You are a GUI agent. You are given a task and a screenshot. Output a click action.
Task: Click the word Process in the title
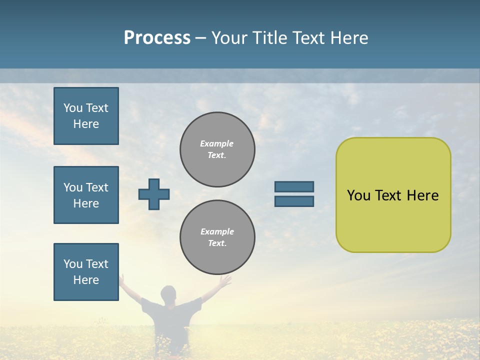157,38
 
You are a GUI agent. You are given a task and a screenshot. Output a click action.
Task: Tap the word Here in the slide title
348,38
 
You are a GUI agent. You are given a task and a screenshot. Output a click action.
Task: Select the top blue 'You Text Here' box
86,116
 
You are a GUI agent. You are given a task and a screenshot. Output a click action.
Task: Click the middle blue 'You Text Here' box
86,195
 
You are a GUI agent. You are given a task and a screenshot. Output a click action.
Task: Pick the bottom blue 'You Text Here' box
86,272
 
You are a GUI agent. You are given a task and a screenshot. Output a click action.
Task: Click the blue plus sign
154,194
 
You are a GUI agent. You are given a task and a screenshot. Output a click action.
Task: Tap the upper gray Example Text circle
217,149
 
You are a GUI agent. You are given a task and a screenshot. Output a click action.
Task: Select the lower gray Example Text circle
217,237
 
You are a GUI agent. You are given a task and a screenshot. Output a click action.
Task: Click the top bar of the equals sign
294,186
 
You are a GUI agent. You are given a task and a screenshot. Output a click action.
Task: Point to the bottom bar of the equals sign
294,201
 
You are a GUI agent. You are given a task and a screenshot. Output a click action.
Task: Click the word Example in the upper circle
217,143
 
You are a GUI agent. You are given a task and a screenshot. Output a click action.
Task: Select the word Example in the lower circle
217,231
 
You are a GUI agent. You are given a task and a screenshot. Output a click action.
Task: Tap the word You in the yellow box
358,195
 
